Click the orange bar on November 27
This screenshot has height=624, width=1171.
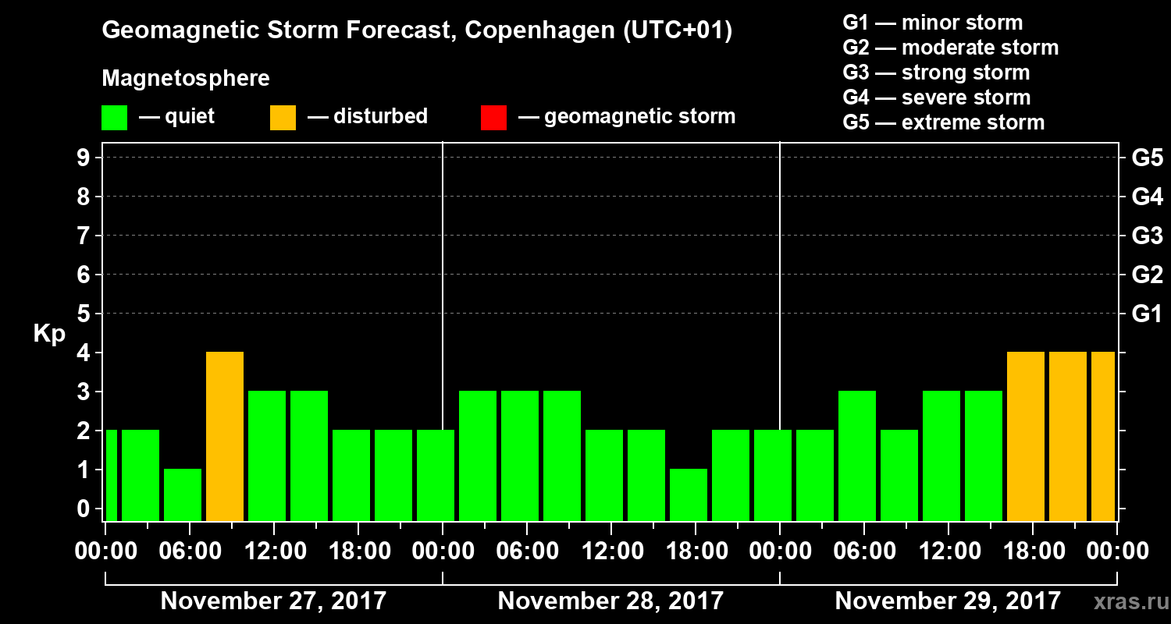click(225, 436)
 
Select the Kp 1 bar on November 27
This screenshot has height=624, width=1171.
click(183, 495)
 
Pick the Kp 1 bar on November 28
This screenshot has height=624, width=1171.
click(689, 495)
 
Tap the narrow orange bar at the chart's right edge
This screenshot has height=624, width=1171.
click(1103, 436)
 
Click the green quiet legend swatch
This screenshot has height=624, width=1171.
click(114, 118)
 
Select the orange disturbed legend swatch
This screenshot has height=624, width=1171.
click(283, 118)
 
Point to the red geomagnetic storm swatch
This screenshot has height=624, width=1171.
click(493, 118)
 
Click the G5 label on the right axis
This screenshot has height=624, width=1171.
click(1147, 158)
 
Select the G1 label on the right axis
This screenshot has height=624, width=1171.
click(1147, 314)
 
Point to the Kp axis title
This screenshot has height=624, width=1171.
click(49, 334)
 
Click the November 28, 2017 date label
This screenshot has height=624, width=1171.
click(610, 601)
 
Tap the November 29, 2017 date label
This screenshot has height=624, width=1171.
click(948, 601)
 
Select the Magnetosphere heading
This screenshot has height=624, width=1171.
click(186, 79)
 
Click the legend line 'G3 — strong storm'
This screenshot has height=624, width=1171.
click(936, 73)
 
